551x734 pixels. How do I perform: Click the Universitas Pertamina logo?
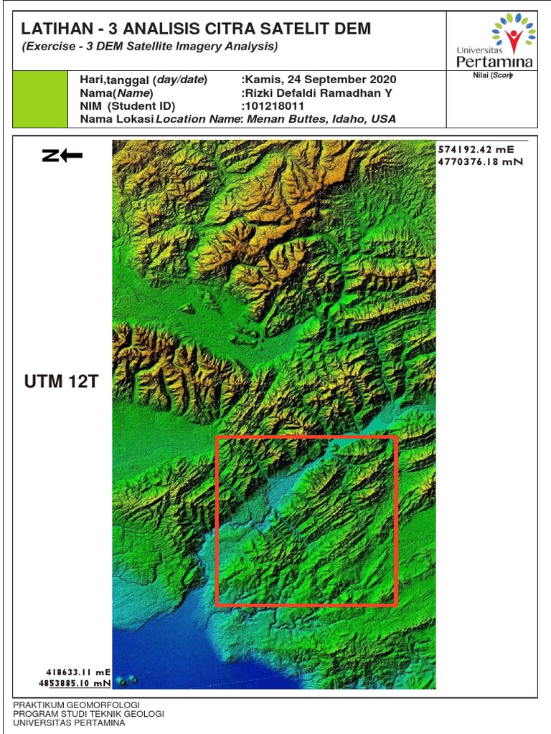(494, 41)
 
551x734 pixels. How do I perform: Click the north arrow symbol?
(62, 156)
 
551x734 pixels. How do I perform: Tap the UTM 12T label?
(60, 381)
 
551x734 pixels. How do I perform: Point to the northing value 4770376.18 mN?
(480, 161)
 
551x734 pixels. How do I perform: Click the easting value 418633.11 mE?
(79, 672)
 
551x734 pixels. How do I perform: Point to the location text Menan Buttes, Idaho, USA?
(321, 119)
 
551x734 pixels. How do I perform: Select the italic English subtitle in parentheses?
(150, 47)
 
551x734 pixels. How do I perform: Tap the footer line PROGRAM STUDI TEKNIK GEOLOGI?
(89, 714)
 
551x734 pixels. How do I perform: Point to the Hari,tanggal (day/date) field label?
(143, 80)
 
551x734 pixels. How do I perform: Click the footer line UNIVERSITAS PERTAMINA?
(69, 723)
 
